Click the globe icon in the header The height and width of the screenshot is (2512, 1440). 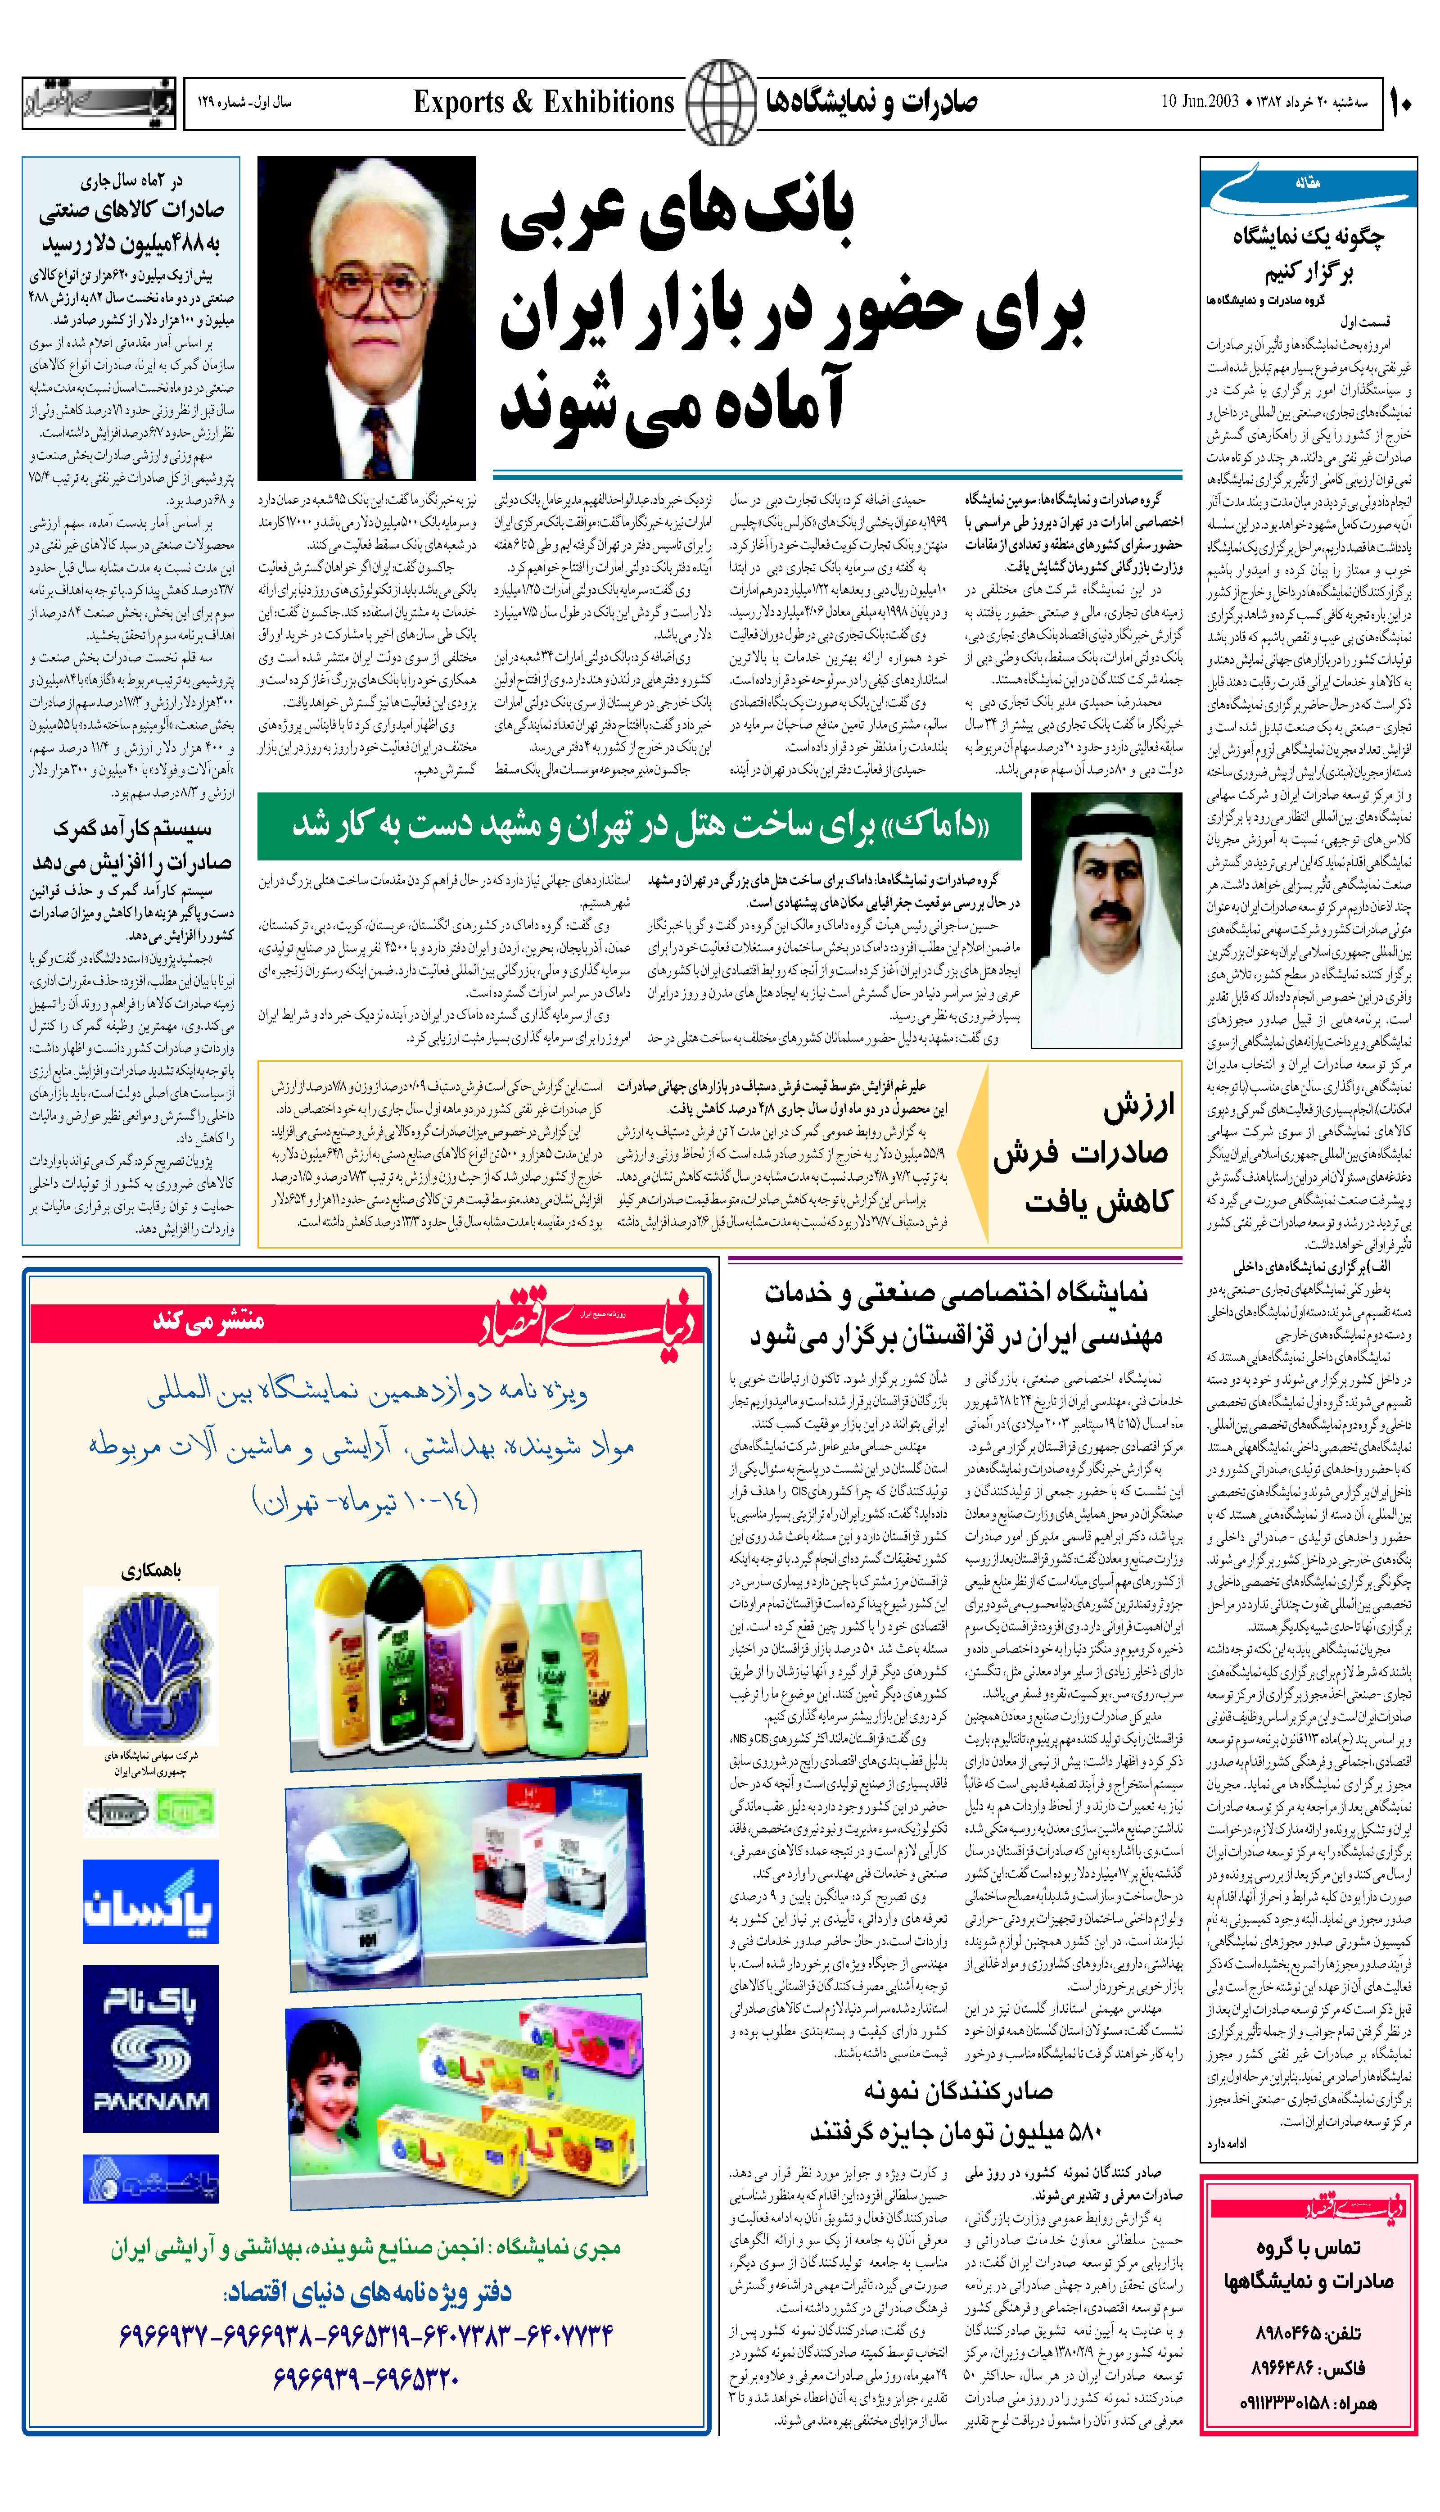(x=720, y=102)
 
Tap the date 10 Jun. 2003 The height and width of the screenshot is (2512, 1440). (x=1200, y=102)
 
